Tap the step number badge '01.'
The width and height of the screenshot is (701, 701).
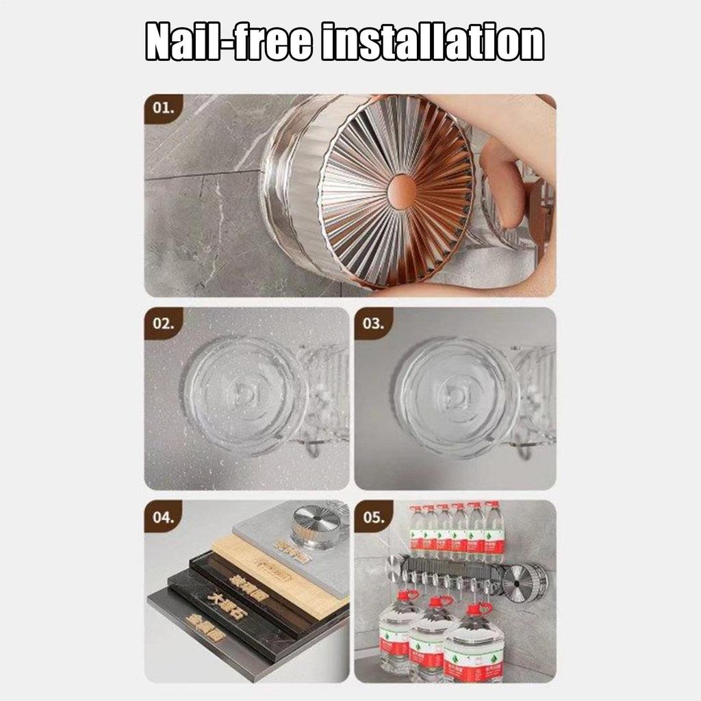click(x=164, y=109)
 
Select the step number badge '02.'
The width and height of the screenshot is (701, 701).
click(x=164, y=323)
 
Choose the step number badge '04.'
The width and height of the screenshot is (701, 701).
click(x=164, y=517)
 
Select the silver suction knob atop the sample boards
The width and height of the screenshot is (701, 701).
click(x=316, y=524)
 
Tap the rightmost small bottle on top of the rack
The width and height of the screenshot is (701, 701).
click(x=494, y=531)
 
